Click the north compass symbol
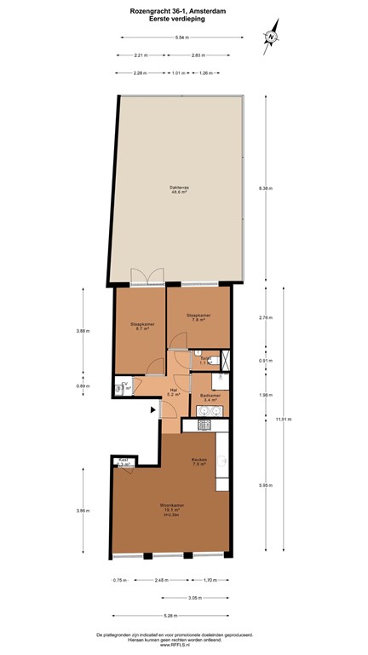[x=270, y=37]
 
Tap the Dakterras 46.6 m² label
[x=179, y=190]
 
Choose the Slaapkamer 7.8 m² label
[x=198, y=318]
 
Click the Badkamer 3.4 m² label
[x=210, y=397]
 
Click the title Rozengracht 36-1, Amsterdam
[x=183, y=8]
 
